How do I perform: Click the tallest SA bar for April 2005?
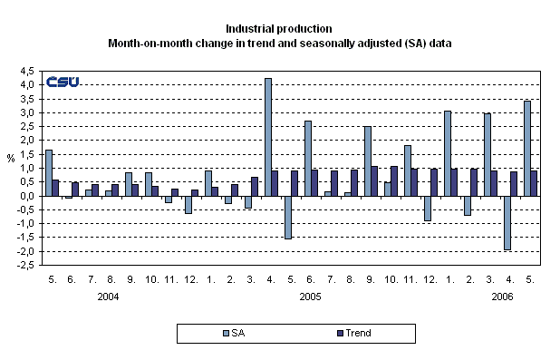(268, 137)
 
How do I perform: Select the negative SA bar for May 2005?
(288, 218)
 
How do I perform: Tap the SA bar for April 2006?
(507, 223)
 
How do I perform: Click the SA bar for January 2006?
(448, 153)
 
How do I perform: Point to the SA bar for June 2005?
(308, 159)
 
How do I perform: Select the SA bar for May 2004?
(49, 173)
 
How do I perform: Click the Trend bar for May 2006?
(535, 183)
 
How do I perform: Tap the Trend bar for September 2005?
(374, 181)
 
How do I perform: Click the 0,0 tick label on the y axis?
(28, 196)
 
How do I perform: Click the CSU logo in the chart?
(63, 82)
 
